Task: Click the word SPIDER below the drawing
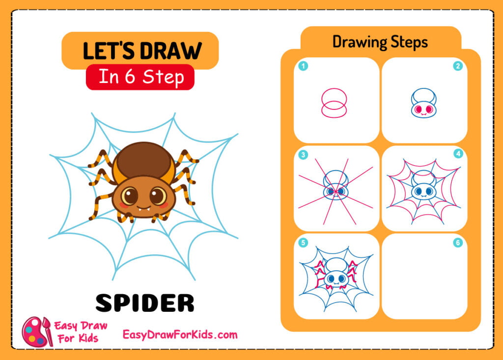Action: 145,303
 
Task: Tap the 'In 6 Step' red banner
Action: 140,77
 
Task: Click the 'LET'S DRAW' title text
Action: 142,51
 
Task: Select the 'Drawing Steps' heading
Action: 380,42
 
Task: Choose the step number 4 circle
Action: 458,154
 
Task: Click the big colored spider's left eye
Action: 130,196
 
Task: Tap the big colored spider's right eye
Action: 158,196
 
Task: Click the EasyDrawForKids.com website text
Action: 180,335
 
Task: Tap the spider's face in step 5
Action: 336,279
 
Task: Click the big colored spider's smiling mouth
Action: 144,207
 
